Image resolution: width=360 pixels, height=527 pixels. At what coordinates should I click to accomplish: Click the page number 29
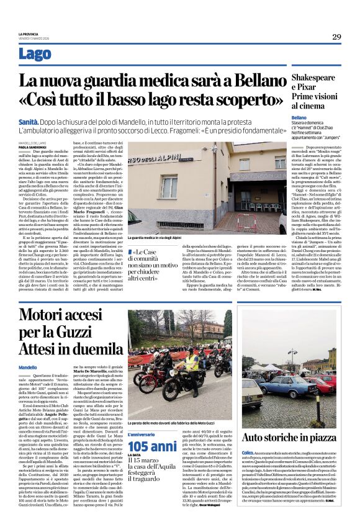click(336, 37)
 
